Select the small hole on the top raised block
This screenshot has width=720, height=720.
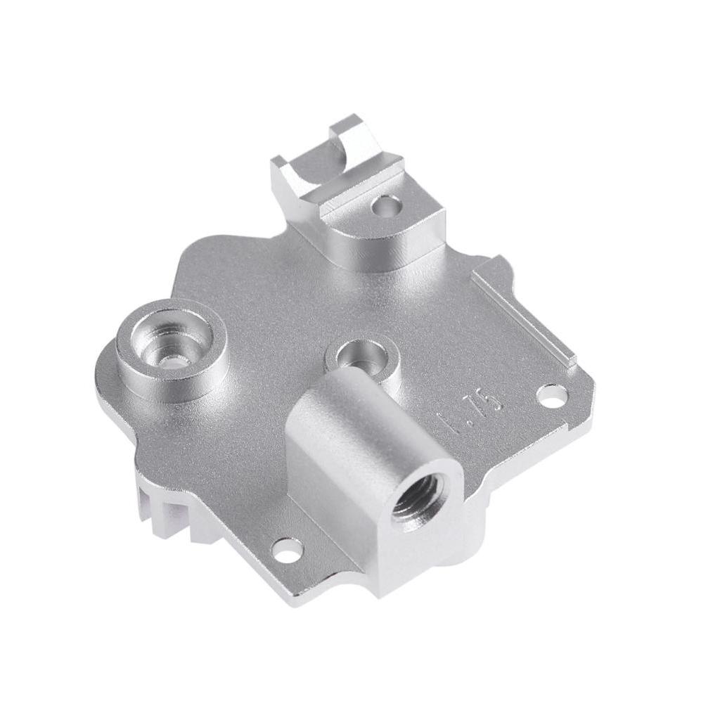[x=385, y=205]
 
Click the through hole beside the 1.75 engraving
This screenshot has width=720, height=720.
[x=552, y=396]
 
